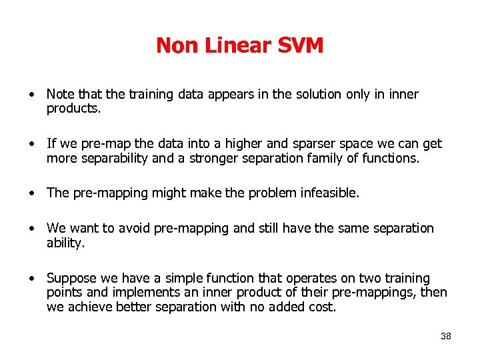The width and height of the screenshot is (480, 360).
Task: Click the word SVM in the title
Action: point(298,45)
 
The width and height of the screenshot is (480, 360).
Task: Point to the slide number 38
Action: point(446,336)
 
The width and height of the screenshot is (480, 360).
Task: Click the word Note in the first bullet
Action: point(61,95)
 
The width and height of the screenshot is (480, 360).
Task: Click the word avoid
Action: point(136,228)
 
